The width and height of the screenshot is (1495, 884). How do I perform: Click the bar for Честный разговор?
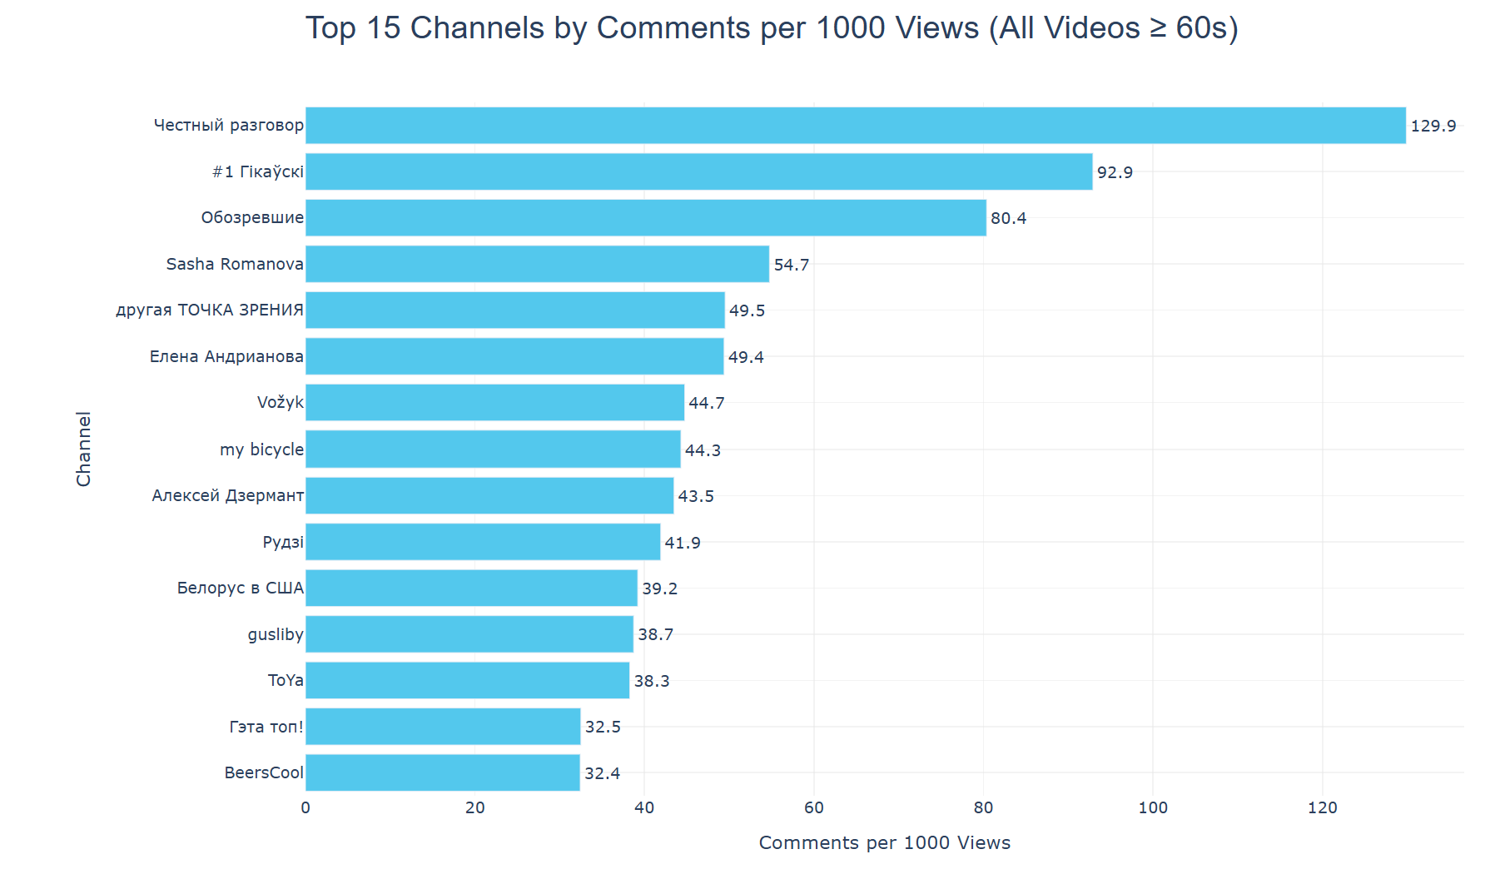click(x=855, y=126)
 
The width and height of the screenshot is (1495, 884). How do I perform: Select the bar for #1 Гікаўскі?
click(x=698, y=172)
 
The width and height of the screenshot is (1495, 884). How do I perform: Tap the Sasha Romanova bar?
click(x=537, y=264)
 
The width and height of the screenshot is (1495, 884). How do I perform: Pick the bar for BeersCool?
click(x=442, y=772)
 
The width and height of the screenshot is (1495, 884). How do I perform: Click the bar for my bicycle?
click(x=493, y=449)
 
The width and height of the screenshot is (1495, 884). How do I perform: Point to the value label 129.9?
click(x=1433, y=126)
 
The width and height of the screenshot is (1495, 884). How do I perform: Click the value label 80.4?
click(x=1008, y=218)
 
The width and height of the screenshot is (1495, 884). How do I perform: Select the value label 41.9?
click(x=683, y=543)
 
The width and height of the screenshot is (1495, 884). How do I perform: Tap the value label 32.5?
click(x=603, y=727)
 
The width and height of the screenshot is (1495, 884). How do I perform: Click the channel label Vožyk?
click(x=281, y=403)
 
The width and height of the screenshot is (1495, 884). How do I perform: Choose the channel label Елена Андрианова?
click(x=226, y=356)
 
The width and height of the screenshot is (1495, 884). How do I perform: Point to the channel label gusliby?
click(x=276, y=634)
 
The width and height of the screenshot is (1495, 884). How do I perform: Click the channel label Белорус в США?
click(x=241, y=589)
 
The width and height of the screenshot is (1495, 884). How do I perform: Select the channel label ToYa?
click(x=286, y=681)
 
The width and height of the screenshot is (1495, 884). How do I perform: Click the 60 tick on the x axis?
click(x=813, y=807)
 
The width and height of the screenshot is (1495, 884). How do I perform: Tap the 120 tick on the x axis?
click(x=1322, y=807)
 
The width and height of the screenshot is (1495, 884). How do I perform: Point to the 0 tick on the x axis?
click(x=305, y=807)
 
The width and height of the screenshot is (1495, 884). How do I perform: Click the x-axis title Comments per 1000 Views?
click(x=884, y=842)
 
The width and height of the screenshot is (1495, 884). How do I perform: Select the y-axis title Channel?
click(x=84, y=449)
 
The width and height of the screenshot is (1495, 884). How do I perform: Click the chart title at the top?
click(x=772, y=28)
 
